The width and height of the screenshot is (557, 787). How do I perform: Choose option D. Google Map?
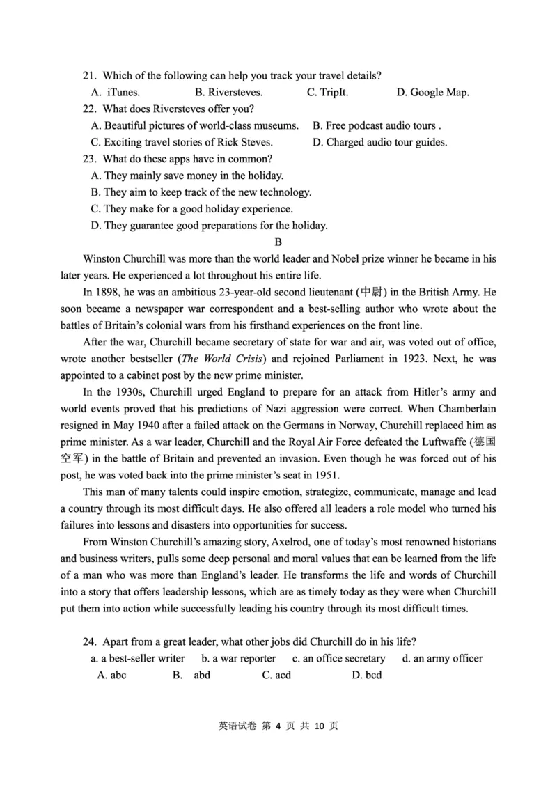tap(432, 92)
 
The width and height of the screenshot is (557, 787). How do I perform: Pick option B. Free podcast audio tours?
tap(377, 126)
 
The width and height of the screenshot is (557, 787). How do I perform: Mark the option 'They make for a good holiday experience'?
tap(191, 209)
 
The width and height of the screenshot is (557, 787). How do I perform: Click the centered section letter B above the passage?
tap(278, 242)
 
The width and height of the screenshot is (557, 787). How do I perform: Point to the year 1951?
tap(326, 476)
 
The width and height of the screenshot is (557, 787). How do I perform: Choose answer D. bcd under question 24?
tap(367, 675)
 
